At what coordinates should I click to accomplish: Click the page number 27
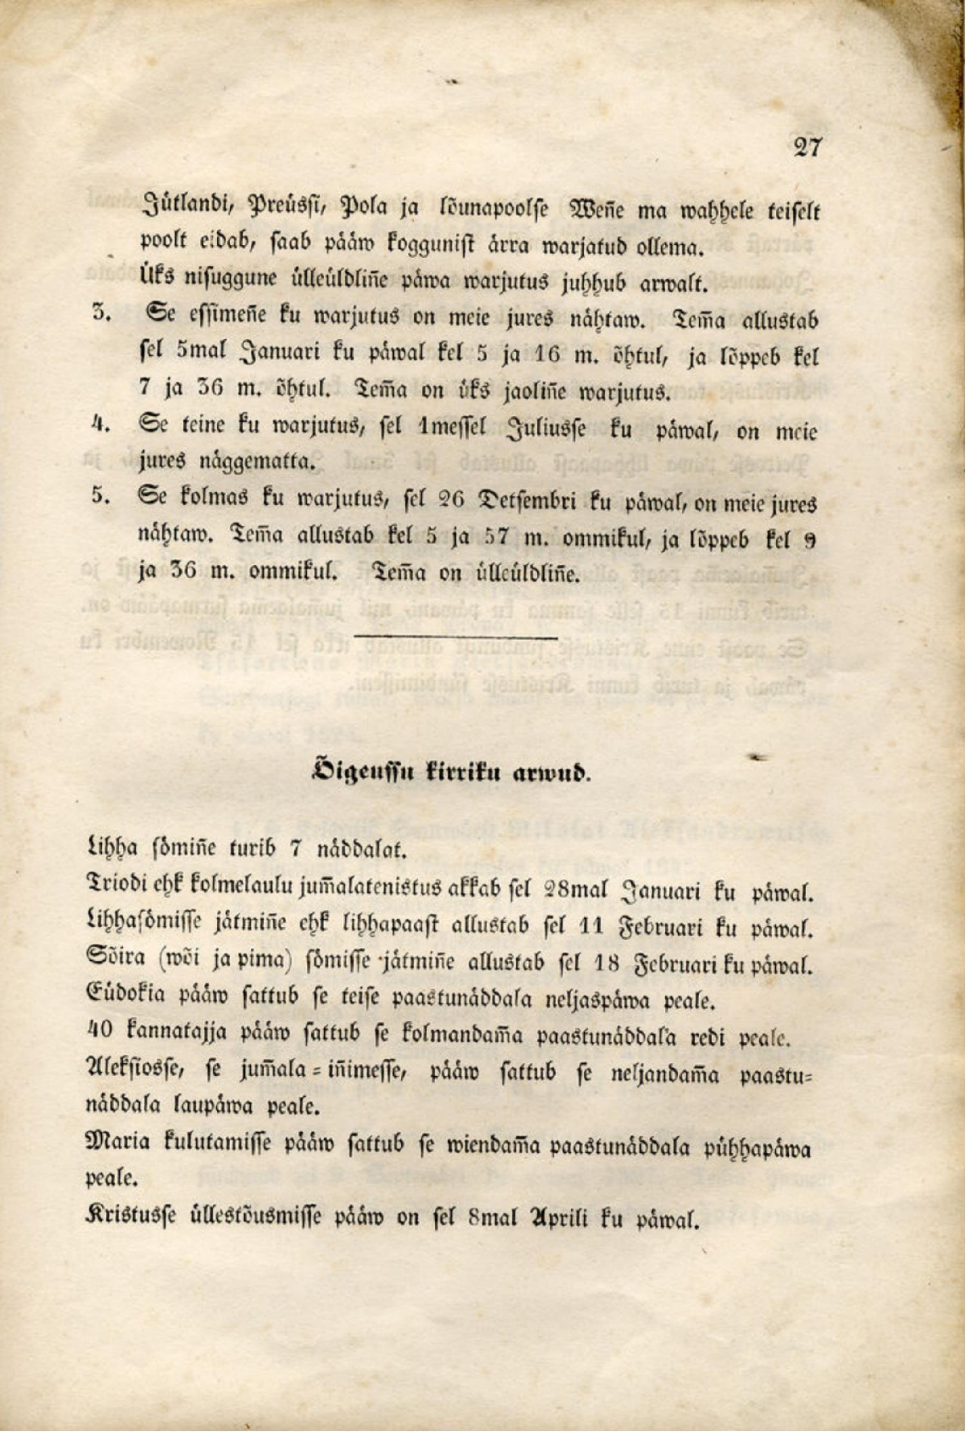click(807, 148)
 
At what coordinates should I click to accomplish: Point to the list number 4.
click(100, 425)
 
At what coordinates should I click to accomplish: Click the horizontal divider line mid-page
click(456, 638)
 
